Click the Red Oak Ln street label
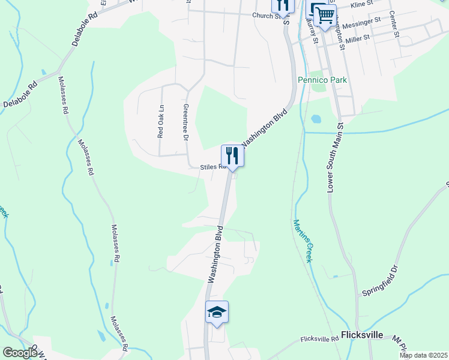(x=161, y=122)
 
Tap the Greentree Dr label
(x=185, y=123)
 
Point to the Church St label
(x=267, y=16)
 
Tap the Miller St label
(x=357, y=37)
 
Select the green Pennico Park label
(x=322, y=80)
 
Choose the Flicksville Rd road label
(x=320, y=340)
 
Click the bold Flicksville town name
(x=363, y=335)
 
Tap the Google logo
(x=19, y=352)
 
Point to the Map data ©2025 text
(x=424, y=355)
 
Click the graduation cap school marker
(x=217, y=313)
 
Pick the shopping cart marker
(x=325, y=16)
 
